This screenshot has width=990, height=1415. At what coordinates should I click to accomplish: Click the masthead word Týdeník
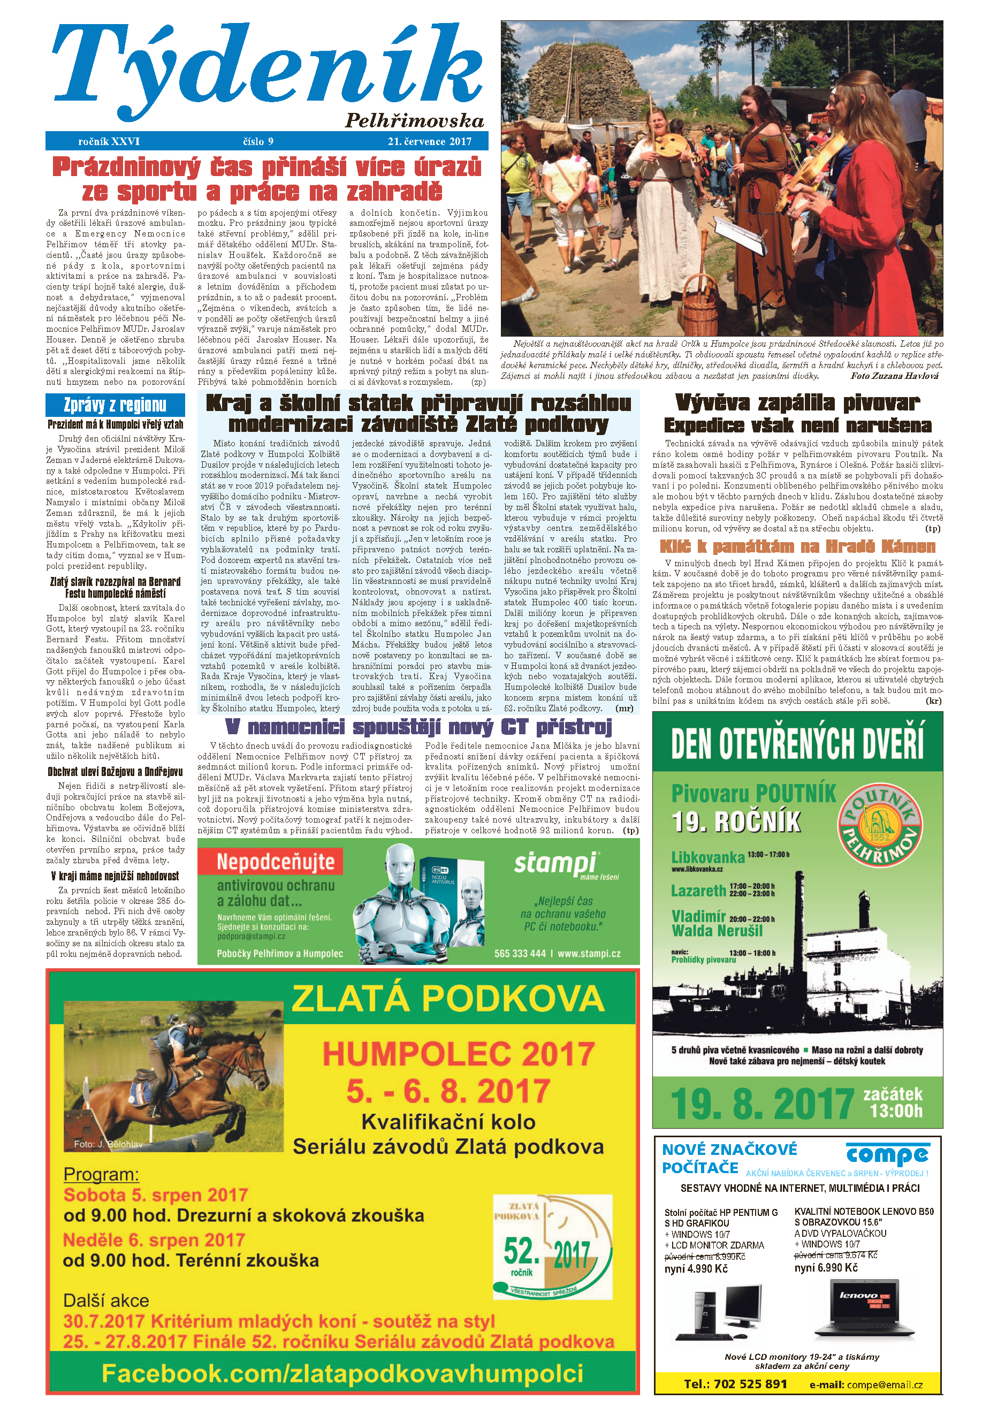click(265, 71)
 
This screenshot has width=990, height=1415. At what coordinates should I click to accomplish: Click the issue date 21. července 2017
click(429, 141)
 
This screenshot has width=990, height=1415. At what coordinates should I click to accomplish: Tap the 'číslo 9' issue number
click(258, 141)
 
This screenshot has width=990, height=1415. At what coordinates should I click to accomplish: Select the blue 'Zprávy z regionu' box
click(115, 405)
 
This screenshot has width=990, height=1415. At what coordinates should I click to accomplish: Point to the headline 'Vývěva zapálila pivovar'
click(797, 403)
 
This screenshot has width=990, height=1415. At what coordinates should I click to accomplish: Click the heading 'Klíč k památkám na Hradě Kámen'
click(797, 546)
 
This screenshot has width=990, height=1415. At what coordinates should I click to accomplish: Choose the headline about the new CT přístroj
click(418, 727)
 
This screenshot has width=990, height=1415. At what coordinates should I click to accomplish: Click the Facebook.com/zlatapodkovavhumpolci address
click(342, 1373)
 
